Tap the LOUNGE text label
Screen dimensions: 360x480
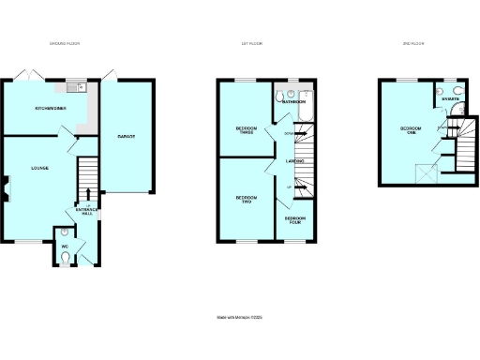pyautogui.click(x=39, y=168)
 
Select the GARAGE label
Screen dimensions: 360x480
pyautogui.click(x=126, y=137)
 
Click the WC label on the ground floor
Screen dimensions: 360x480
pyautogui.click(x=65, y=247)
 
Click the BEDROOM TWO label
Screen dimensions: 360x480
pyautogui.click(x=246, y=200)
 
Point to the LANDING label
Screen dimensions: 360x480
pyautogui.click(x=293, y=164)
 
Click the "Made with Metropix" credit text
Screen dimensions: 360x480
pyautogui.click(x=241, y=319)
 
